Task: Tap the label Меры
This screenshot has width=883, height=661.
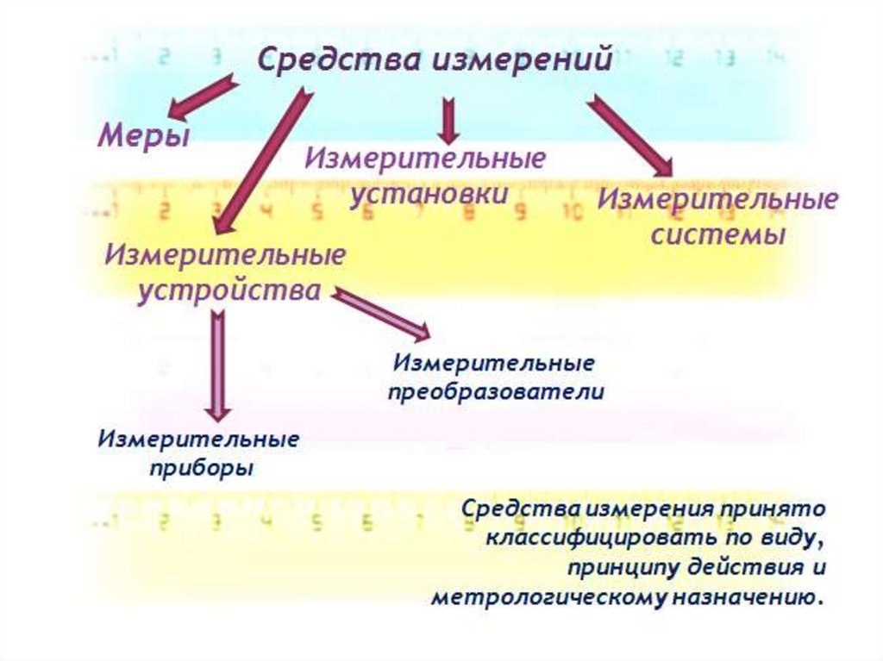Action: point(142,136)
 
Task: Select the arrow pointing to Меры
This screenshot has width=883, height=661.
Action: point(202,97)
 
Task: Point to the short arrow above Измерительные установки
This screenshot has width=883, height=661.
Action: point(448,120)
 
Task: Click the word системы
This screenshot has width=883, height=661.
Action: point(717,234)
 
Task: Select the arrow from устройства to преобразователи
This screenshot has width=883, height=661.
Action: point(380,314)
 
